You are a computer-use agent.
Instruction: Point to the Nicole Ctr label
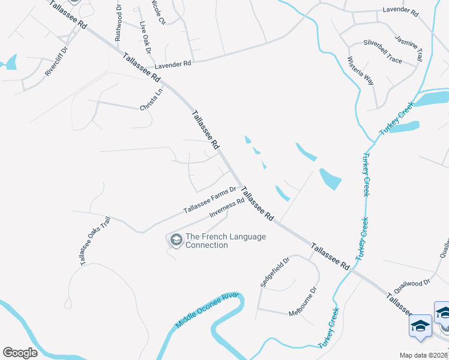click(x=158, y=12)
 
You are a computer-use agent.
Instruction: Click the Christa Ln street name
click(x=151, y=100)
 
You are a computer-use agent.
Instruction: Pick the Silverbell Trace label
click(x=382, y=43)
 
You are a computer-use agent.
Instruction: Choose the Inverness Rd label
click(x=226, y=208)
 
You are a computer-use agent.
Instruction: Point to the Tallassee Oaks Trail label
click(x=95, y=241)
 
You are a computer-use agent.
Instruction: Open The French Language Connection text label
click(x=225, y=241)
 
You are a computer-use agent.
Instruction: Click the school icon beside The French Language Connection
click(x=176, y=241)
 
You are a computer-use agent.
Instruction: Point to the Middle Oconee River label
click(x=207, y=310)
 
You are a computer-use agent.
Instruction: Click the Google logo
click(x=20, y=353)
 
